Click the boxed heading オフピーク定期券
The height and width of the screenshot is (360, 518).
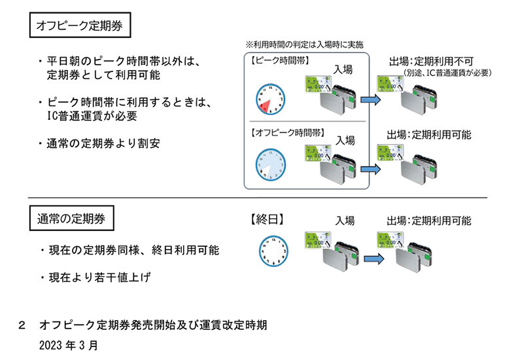point(80,27)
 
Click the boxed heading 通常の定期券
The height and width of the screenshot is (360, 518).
point(71,217)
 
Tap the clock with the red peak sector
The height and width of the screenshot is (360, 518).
point(269,98)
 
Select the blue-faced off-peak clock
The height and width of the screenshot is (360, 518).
point(269,164)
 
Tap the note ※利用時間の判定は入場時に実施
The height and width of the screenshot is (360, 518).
point(303,44)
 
